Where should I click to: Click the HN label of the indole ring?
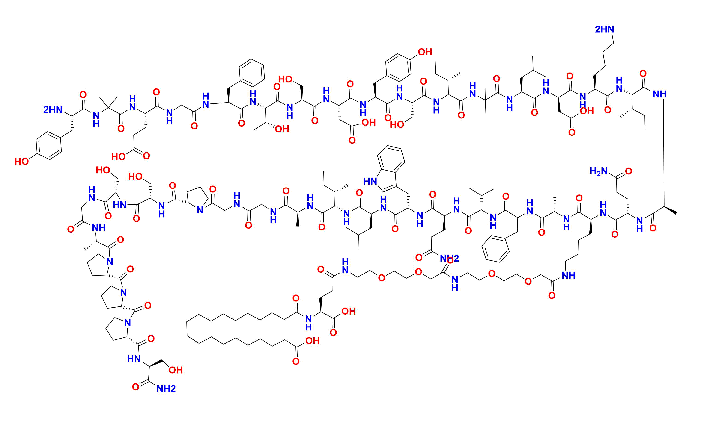[x=370, y=181]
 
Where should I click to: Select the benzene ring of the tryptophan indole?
[x=391, y=160]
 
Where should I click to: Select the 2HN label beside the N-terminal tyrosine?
[x=53, y=109]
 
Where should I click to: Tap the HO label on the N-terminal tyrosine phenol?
[x=22, y=162]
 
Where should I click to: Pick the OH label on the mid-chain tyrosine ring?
[x=425, y=52]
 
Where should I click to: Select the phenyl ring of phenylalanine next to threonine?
[x=252, y=73]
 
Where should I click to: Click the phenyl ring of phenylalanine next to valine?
[x=495, y=249]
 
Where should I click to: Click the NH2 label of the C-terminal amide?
[x=166, y=389]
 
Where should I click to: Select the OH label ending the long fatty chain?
[x=312, y=341]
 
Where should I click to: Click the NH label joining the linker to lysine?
[x=568, y=275]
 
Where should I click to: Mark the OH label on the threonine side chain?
[x=282, y=129]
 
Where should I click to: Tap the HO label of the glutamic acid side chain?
[x=118, y=157]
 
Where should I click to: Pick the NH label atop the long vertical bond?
[x=659, y=94]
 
